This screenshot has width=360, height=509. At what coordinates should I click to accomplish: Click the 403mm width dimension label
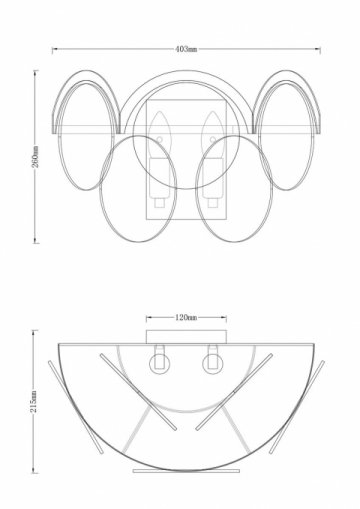click(186, 49)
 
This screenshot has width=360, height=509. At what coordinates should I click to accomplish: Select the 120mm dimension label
click(186, 318)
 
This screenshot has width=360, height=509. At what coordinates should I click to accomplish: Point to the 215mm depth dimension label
click(34, 402)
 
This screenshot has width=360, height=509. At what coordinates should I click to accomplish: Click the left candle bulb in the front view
click(159, 135)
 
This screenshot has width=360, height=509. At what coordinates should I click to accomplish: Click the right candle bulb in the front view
click(212, 135)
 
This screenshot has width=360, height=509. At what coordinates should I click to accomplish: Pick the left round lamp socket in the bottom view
click(159, 363)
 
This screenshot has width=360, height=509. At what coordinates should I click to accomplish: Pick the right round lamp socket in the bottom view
click(212, 363)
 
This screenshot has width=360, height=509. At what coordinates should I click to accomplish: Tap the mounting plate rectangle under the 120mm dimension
click(186, 337)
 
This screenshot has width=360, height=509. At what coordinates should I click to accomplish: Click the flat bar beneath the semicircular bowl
click(186, 471)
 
